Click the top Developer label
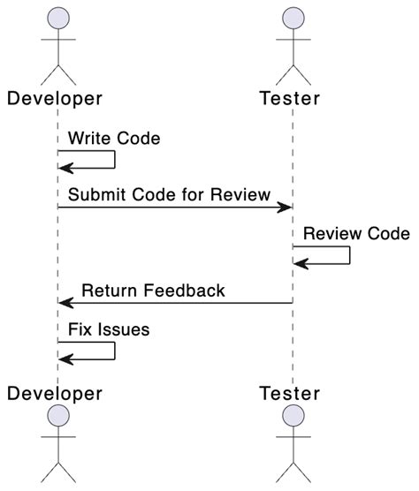[x=55, y=96]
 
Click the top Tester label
[x=291, y=96]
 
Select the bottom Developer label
[x=55, y=391]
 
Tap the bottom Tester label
[x=291, y=391]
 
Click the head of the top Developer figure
[x=57, y=19]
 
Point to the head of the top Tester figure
[x=293, y=19]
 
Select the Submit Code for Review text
[x=170, y=194]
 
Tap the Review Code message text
[x=356, y=234]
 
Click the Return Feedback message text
[x=153, y=290]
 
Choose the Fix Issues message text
[x=109, y=329]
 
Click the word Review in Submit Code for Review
[x=240, y=194]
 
